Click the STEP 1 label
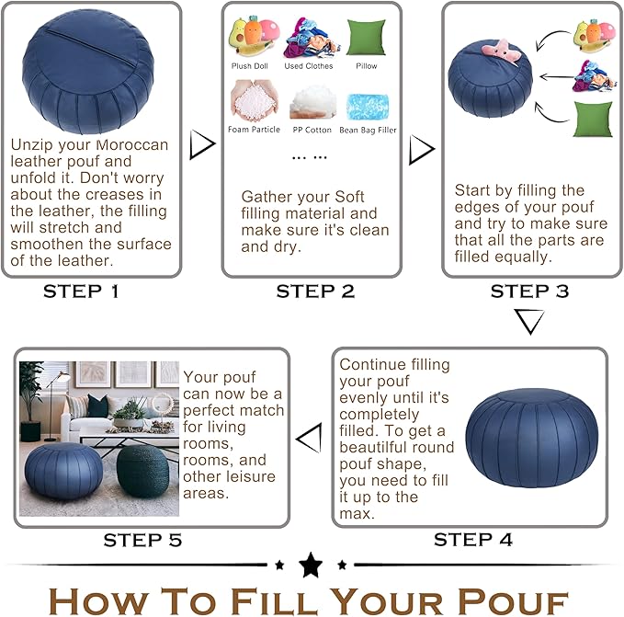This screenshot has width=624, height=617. point(81,291)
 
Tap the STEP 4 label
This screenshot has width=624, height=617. point(472,540)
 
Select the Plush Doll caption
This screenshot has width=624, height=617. point(250,66)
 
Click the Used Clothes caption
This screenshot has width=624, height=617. point(309,66)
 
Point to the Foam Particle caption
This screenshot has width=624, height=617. point(254,130)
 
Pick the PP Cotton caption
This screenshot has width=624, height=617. point(312,130)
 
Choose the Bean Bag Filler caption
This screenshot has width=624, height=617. point(368,130)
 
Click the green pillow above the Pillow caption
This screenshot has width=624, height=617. point(367,38)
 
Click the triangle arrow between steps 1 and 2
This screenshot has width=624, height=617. point(201,144)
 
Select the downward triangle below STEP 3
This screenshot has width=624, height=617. point(529,321)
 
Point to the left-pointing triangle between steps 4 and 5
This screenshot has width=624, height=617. point(310,439)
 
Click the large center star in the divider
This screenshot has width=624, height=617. point(311,565)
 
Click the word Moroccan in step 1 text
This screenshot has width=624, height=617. point(131,144)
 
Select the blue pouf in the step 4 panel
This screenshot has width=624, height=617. point(531,439)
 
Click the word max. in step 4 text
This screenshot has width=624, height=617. point(357,513)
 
